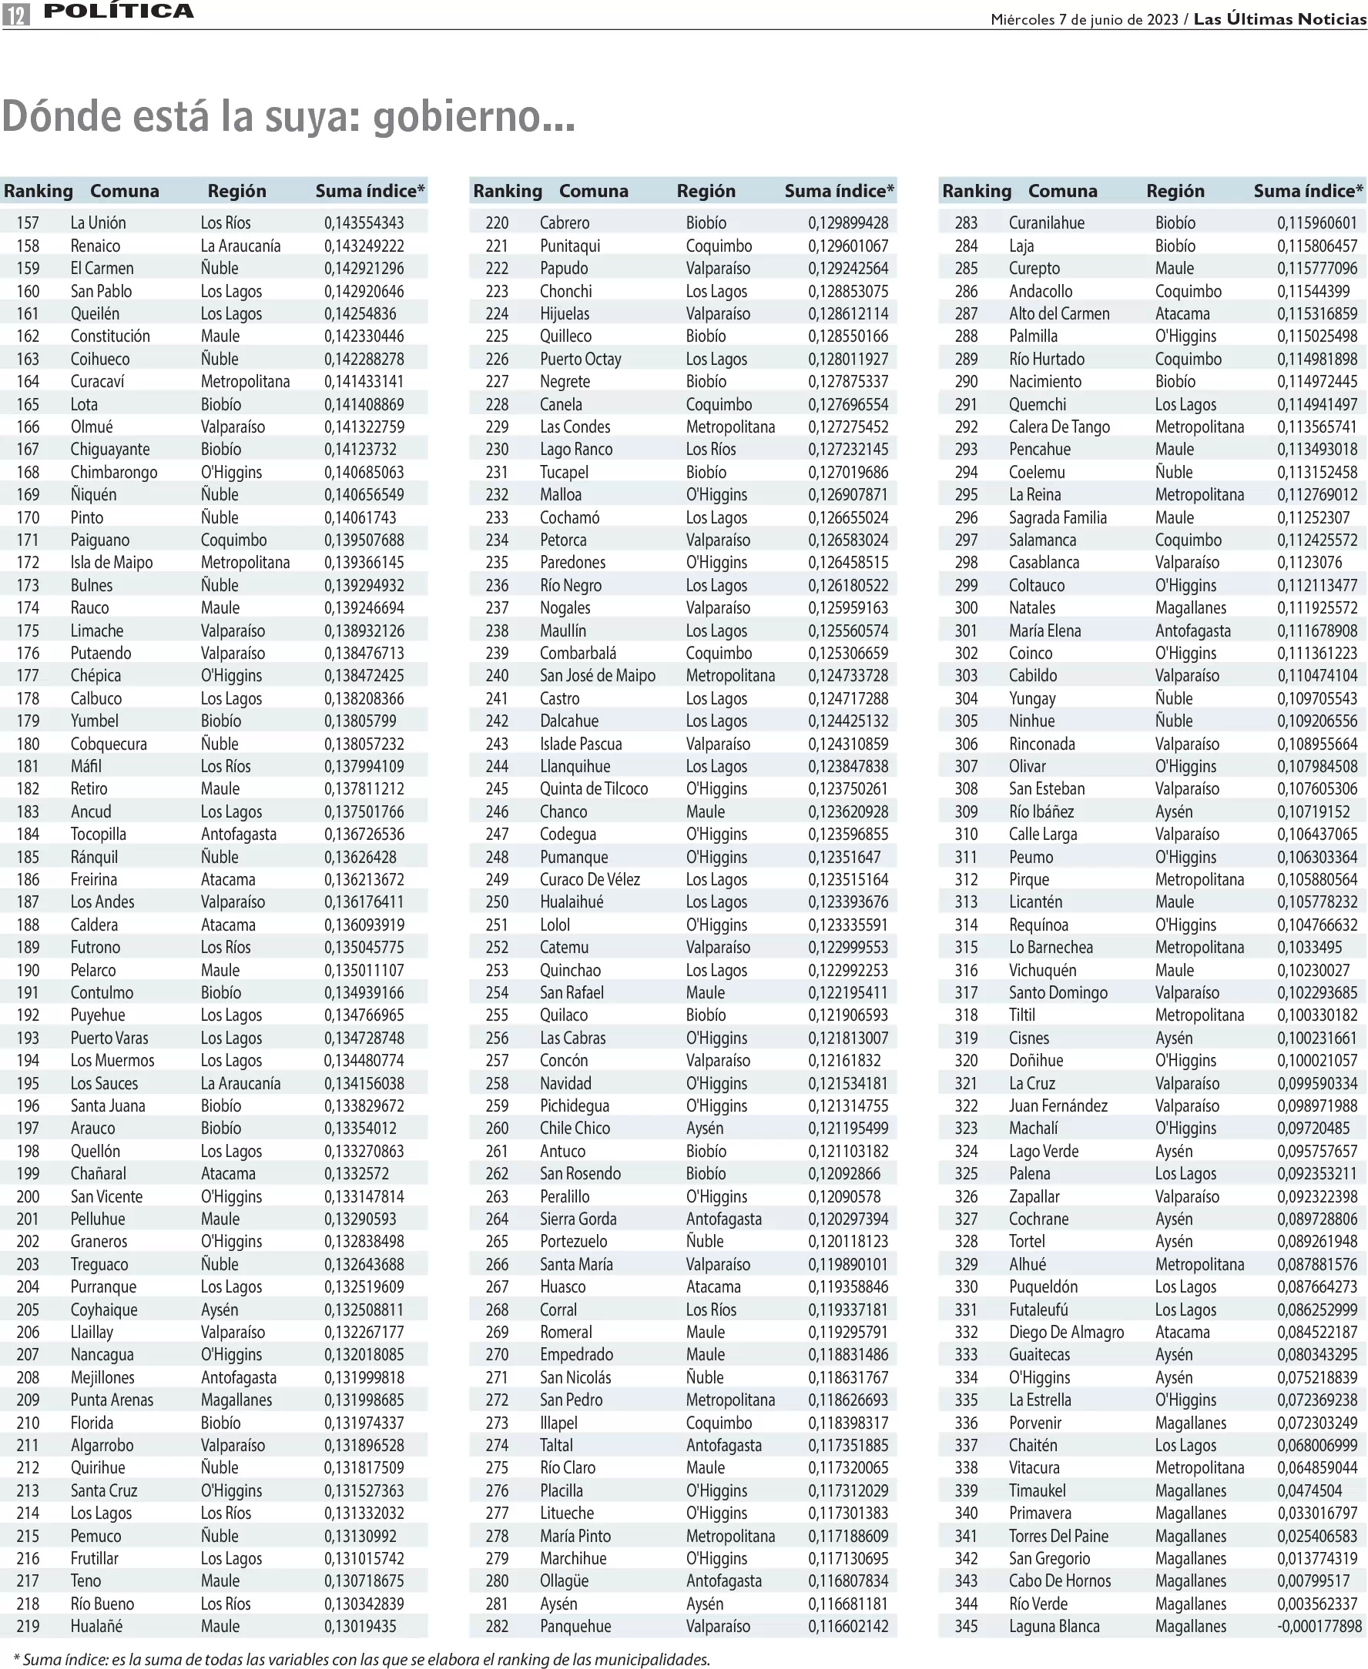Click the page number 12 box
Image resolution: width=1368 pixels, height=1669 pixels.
coord(15,12)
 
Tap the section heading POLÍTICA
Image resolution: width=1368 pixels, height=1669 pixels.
coord(119,11)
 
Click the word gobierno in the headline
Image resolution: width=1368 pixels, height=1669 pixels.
coord(474,116)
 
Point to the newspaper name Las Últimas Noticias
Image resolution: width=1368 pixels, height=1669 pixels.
coord(1279,19)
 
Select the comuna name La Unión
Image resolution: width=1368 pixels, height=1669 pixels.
coord(98,223)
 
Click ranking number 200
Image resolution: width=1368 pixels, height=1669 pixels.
coord(28,1196)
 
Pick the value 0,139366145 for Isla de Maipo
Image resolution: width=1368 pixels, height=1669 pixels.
coord(364,563)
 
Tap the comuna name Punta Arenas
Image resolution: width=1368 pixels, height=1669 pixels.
coord(112,1400)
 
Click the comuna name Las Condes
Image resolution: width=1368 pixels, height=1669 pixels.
coord(575,427)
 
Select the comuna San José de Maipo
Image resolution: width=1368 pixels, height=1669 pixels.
coord(597,675)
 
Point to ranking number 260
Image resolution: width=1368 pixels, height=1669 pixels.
coord(497,1128)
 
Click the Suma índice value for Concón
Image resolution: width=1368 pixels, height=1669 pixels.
coord(844,1060)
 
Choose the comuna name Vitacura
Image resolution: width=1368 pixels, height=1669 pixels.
coord(1034,1467)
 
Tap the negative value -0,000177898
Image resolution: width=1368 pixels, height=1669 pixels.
coord(1319,1626)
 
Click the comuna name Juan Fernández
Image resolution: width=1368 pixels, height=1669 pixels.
coord(1058,1105)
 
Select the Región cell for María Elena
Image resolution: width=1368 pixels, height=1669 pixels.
coord(1192,630)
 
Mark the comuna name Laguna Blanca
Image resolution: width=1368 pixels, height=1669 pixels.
coord(1054,1626)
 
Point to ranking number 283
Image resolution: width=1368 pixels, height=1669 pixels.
coord(965,223)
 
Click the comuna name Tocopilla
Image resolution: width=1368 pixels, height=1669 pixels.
coord(98,834)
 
